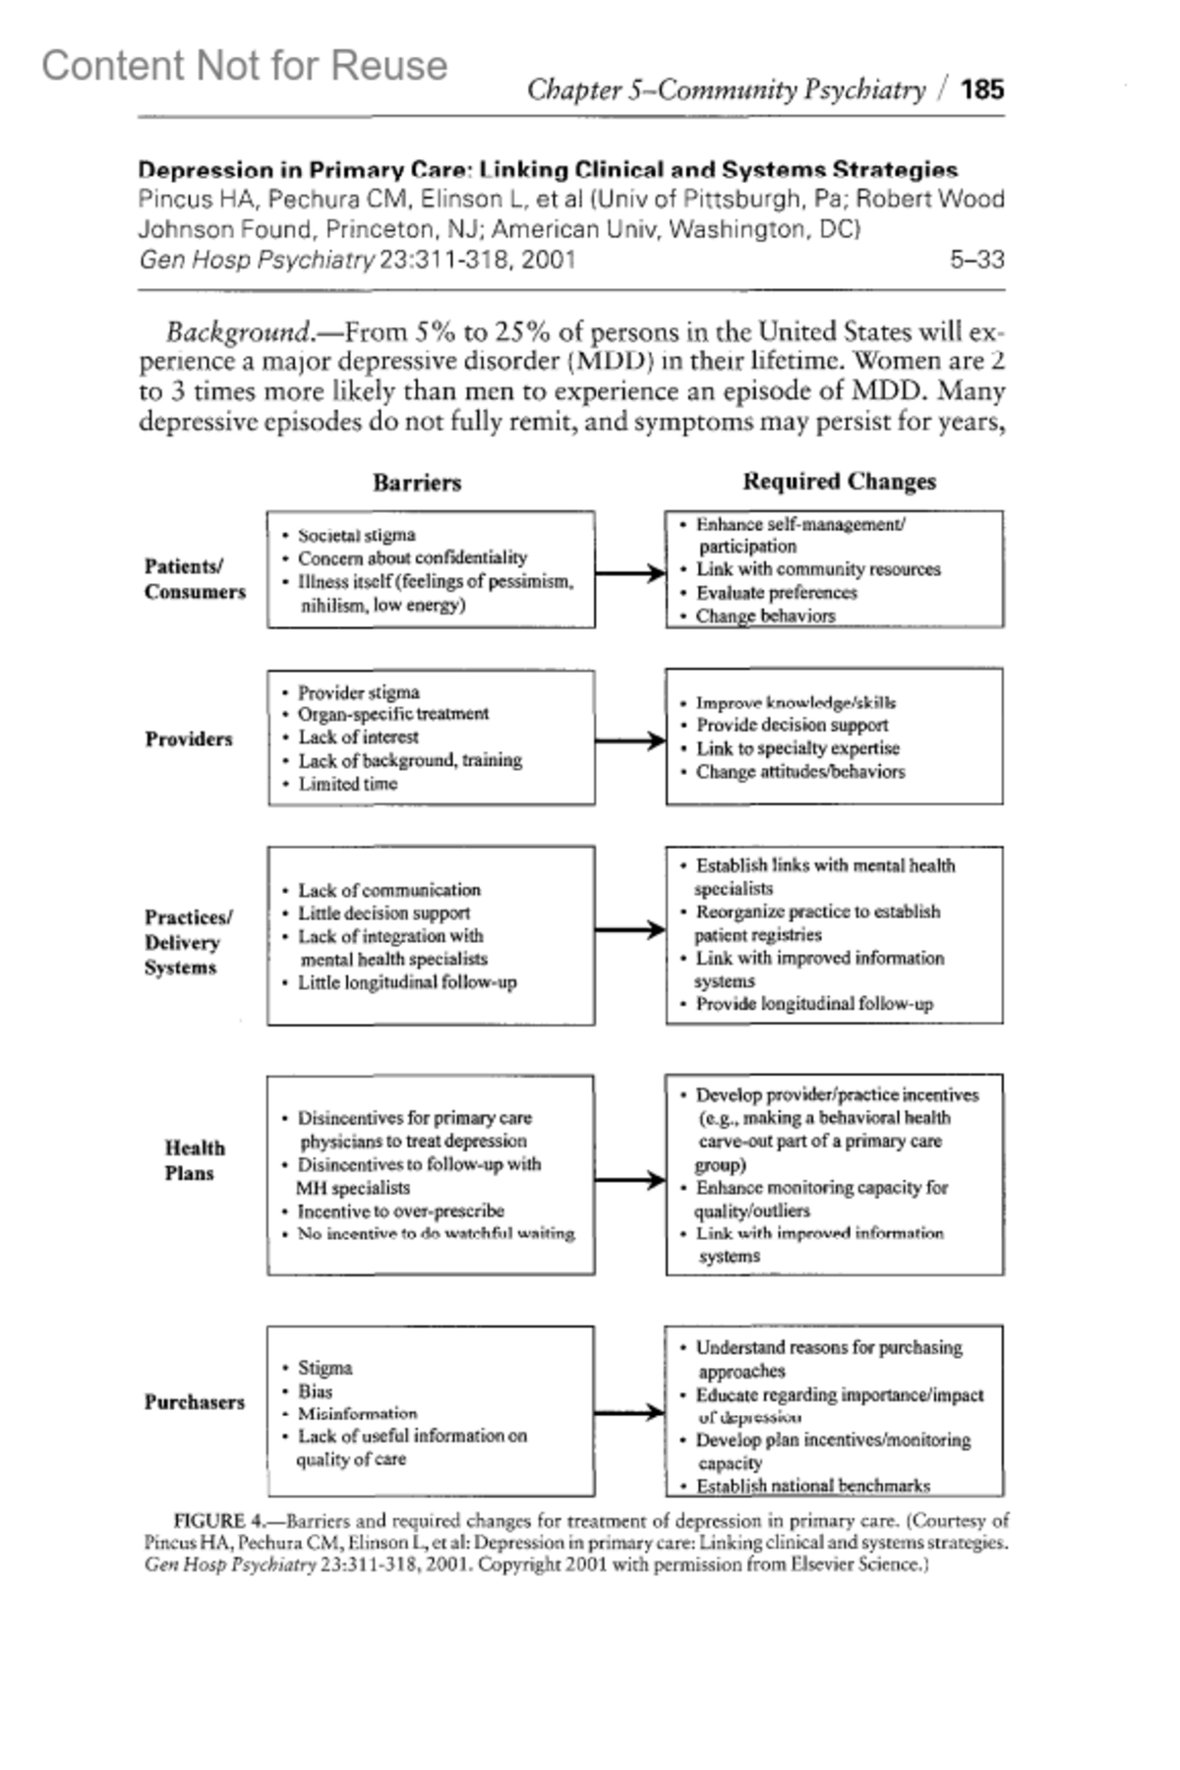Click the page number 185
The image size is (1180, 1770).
[x=982, y=89]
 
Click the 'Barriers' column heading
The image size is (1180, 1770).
[x=417, y=483]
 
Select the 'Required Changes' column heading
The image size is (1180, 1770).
[x=839, y=482]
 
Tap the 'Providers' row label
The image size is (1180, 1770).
[x=189, y=739]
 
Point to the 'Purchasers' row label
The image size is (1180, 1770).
[x=195, y=1402]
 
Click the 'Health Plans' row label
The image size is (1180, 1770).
[x=194, y=1160]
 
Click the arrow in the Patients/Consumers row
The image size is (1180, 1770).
[x=630, y=573]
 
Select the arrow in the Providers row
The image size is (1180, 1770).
[x=630, y=740]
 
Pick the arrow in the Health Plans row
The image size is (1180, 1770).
[x=630, y=1180]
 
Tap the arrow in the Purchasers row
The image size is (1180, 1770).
[x=630, y=1413]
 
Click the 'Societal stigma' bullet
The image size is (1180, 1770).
[x=356, y=536]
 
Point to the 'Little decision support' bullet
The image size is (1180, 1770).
[x=383, y=913]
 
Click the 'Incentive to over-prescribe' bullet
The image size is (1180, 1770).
[x=400, y=1210]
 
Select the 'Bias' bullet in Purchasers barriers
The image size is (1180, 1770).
[x=315, y=1391]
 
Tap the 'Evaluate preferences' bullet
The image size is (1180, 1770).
[x=776, y=593]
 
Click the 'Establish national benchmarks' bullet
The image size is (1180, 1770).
[x=812, y=1486]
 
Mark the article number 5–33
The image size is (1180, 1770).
[x=976, y=260]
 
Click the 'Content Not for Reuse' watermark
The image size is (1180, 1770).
[x=244, y=66]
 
